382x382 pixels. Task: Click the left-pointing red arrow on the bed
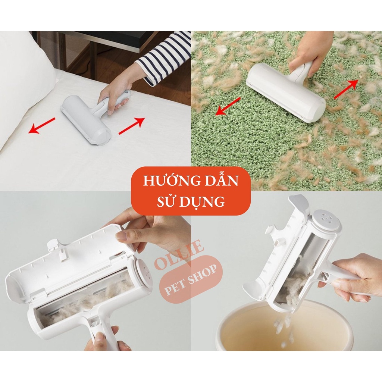42,125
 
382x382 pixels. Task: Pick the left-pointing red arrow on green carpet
228,106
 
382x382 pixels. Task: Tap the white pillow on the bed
22,82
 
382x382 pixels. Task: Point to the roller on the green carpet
285,91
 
